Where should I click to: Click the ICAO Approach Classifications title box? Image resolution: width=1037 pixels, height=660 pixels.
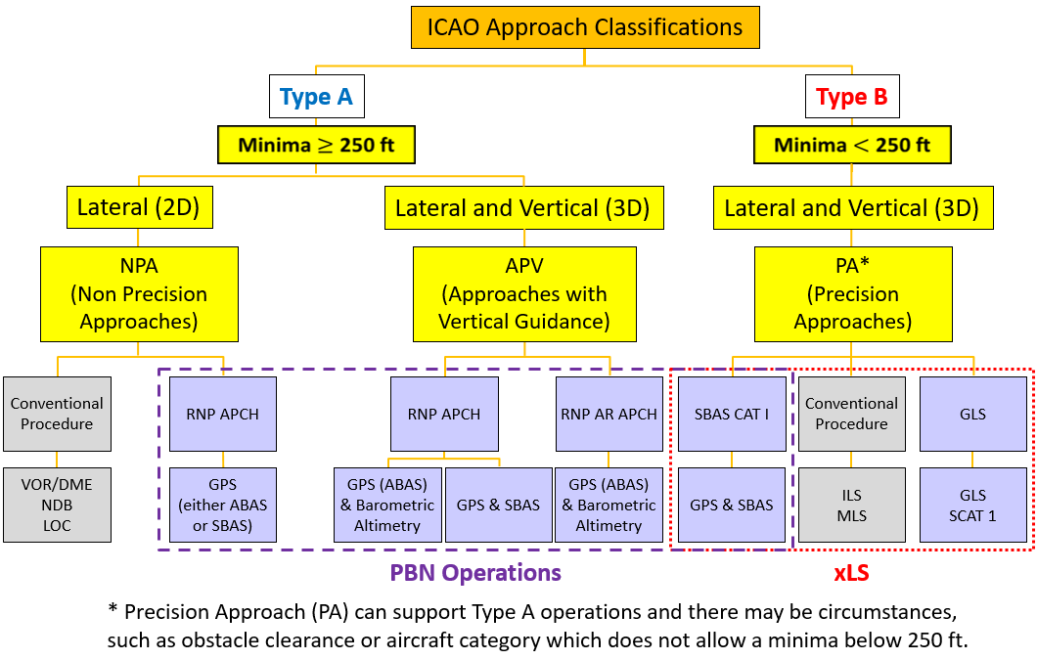[x=585, y=27]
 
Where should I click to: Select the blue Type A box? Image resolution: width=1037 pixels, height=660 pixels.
[x=316, y=97]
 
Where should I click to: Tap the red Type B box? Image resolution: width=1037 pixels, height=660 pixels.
[x=852, y=97]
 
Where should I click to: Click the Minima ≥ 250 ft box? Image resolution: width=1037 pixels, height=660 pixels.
[x=316, y=146]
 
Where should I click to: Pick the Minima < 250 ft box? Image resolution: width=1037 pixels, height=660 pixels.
[x=852, y=146]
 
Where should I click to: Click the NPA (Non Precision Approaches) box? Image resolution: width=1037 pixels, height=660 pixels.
[x=139, y=293]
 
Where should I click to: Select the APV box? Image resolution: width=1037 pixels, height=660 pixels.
[x=524, y=293]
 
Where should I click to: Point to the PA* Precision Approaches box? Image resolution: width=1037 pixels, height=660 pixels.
[x=852, y=293]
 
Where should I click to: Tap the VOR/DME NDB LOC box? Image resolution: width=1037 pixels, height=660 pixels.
[x=57, y=506]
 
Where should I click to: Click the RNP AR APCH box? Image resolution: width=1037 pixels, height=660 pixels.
[x=609, y=414]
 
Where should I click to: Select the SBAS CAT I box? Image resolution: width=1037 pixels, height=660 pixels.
[x=732, y=414]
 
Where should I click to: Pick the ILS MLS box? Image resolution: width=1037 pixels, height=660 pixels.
[x=851, y=506]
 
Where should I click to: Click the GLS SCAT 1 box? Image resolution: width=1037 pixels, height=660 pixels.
[x=972, y=506]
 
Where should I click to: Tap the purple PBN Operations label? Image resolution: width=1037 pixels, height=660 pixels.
[x=475, y=573]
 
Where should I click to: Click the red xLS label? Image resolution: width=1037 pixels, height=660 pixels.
[x=851, y=573]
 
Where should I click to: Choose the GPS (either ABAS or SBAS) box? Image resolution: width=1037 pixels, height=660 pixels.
[x=223, y=506]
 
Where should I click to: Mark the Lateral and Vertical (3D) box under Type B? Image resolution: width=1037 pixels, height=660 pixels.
[x=852, y=208]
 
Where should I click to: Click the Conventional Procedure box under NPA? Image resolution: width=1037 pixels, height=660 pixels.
[x=57, y=414]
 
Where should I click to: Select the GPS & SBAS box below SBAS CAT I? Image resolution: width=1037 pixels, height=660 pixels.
[x=732, y=506]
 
